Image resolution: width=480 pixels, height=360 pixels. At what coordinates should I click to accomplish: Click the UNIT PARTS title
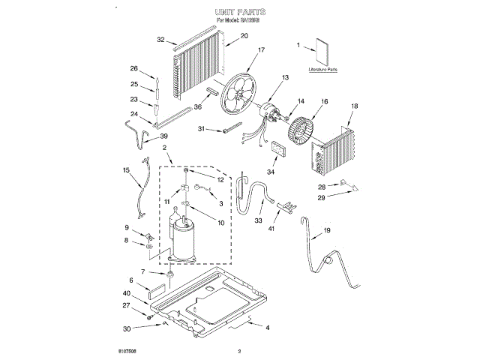(240, 13)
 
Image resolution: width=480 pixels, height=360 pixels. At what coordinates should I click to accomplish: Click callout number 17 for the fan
(262, 50)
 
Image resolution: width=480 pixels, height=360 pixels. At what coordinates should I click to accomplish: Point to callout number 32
(161, 40)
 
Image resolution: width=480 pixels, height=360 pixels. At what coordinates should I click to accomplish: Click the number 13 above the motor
(286, 78)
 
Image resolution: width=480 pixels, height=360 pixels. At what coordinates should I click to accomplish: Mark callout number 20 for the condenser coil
(223, 36)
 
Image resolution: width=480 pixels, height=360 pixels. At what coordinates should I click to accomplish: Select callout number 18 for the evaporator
(355, 106)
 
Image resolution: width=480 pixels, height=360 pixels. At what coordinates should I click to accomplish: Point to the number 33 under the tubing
(258, 220)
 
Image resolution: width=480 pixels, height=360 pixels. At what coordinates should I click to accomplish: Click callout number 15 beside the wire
(127, 170)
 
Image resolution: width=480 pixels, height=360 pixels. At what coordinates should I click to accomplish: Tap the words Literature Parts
(323, 69)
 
